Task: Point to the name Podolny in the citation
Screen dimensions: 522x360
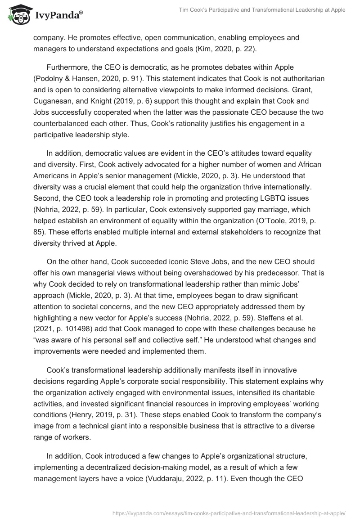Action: click(49, 79)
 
